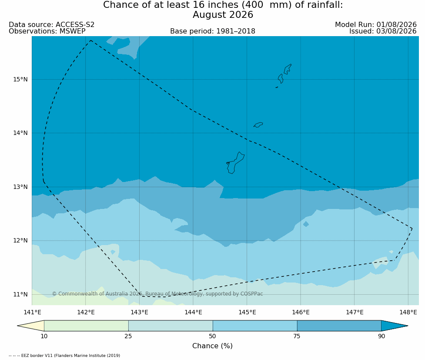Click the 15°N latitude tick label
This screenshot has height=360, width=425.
pos(20,80)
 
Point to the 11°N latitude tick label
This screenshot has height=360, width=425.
pos(20,294)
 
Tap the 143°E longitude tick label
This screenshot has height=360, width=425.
pos(140,312)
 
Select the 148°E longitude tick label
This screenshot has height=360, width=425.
pos(408,312)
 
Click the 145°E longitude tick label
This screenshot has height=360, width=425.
pos(247,312)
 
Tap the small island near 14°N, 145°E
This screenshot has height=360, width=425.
pos(258,125)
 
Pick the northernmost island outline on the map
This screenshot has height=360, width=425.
pos(288,69)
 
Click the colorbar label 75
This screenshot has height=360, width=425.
pos(297,336)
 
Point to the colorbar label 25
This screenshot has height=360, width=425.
pos(128,336)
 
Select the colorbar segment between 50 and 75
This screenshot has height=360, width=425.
pos(255,326)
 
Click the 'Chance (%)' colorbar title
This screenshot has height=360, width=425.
pos(212,346)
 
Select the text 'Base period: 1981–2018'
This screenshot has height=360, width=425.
pos(212,31)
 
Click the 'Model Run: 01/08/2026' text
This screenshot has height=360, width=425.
pos(376,25)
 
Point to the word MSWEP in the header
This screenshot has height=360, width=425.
pos(72,31)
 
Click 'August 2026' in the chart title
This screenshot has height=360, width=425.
pos(223,15)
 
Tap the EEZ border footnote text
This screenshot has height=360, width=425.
pos(64,355)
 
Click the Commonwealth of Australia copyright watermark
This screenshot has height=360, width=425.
pos(157,294)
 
